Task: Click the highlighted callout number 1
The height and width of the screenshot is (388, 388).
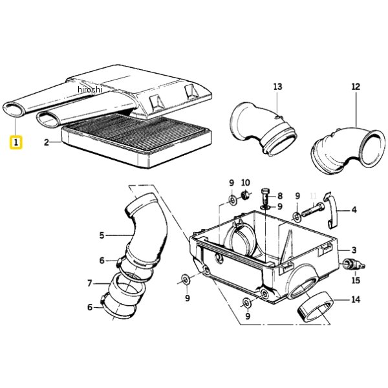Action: [16, 142]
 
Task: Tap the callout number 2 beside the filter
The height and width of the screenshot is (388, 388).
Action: [47, 142]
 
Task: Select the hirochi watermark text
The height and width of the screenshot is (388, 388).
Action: [90, 89]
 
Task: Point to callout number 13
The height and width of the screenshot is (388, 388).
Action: [277, 87]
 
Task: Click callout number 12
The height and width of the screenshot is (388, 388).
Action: [356, 87]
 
